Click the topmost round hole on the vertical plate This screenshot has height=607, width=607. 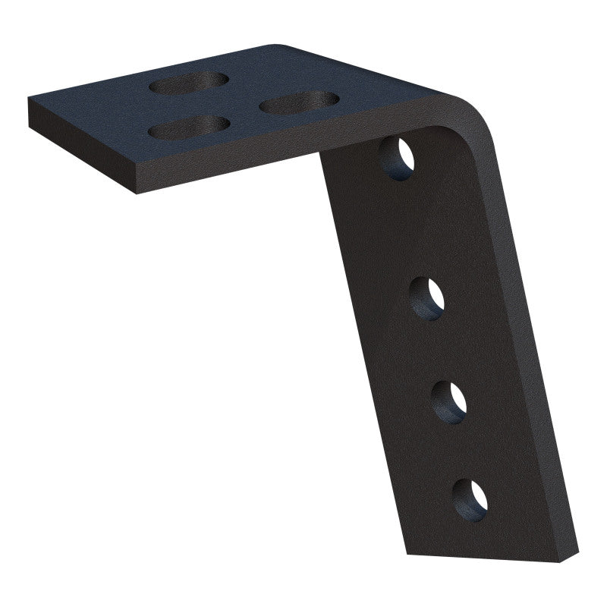398,158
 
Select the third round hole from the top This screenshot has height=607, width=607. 449,400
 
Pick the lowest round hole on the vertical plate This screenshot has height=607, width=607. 470,498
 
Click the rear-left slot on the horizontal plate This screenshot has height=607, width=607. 190,83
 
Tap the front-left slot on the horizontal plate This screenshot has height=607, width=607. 189,127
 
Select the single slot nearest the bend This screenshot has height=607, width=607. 298,102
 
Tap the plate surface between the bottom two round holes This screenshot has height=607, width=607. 461,449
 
